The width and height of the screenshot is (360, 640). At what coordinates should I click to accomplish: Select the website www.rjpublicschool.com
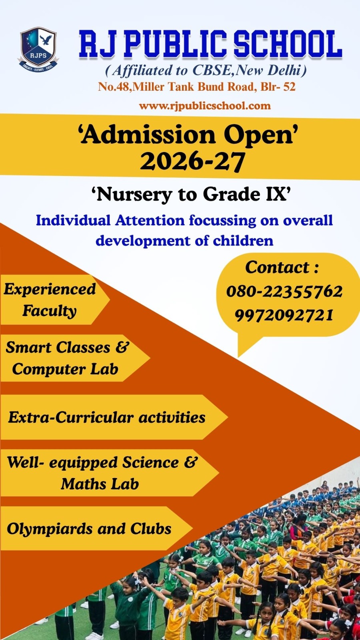click(x=205, y=106)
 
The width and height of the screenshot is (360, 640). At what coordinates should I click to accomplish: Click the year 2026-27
click(x=192, y=162)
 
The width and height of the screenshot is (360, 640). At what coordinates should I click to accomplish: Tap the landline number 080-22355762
click(x=284, y=292)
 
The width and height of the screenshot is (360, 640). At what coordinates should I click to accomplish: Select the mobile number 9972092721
click(x=284, y=315)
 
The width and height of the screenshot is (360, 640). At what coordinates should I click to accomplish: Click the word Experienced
click(x=50, y=289)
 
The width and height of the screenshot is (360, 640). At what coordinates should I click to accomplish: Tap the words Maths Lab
click(x=100, y=484)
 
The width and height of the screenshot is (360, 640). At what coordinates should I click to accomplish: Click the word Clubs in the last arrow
click(x=151, y=528)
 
